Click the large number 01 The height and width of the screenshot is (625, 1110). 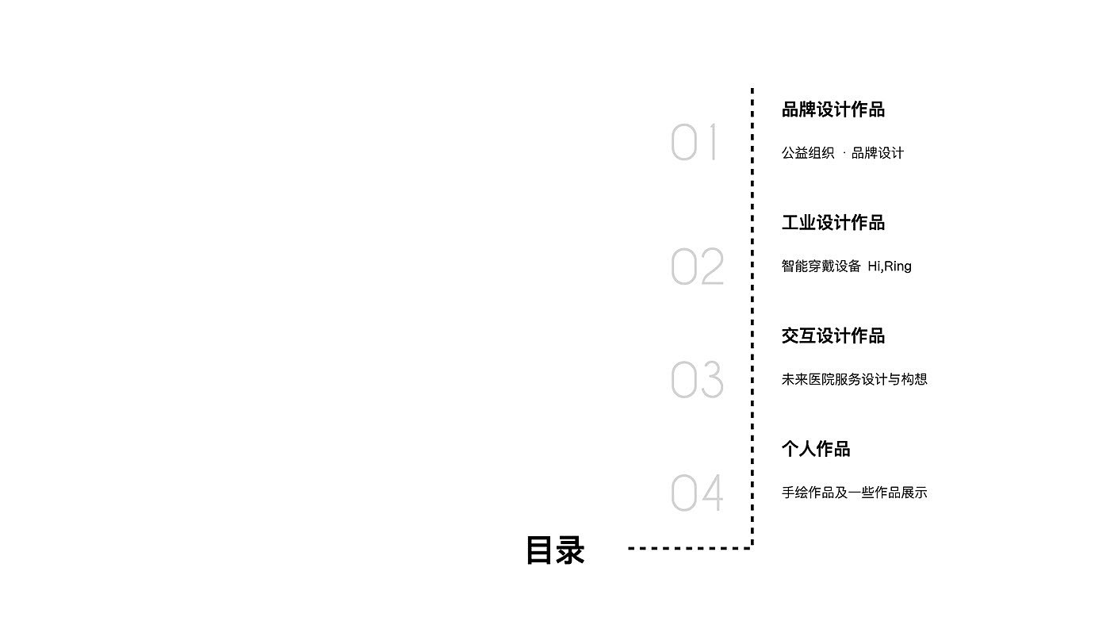tap(695, 143)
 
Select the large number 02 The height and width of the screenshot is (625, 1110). tap(697, 266)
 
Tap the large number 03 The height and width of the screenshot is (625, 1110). tap(697, 380)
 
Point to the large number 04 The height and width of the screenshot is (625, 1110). tap(697, 493)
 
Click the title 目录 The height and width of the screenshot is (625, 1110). tap(555, 550)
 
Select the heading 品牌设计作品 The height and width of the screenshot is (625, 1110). tap(832, 109)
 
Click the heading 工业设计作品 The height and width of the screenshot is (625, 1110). tap(832, 223)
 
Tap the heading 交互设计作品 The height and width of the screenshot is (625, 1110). tap(832, 336)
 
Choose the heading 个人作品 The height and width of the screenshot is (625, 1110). tap(816, 449)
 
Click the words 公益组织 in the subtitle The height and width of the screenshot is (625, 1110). tap(808, 153)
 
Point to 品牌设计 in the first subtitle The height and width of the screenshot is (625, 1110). tap(878, 153)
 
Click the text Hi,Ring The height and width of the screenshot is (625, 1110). tap(890, 266)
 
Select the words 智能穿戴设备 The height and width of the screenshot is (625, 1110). tap(821, 266)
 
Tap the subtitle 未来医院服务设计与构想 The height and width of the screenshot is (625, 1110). tap(854, 379)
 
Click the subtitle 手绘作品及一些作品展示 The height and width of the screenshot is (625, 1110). tap(854, 493)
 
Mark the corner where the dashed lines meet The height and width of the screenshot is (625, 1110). tap(752, 547)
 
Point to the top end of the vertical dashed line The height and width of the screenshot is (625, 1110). tap(752, 90)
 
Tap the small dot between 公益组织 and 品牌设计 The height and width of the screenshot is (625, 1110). tap(844, 153)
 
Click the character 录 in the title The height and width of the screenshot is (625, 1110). tap(570, 550)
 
